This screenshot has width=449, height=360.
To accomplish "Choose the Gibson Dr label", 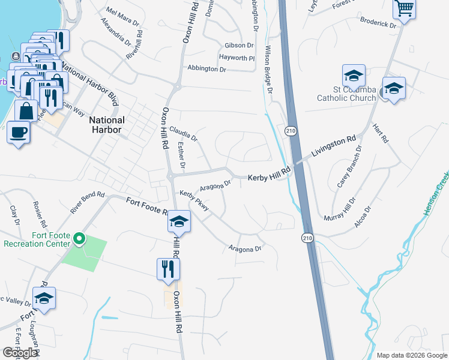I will pyautogui.click(x=239, y=46).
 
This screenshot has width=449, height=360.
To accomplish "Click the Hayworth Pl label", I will pyautogui.click(x=237, y=58).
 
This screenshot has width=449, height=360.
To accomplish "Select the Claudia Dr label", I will pyautogui.click(x=183, y=134).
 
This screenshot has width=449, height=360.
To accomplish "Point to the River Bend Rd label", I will pyautogui.click(x=88, y=202).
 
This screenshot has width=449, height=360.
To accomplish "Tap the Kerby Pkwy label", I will pyautogui.click(x=194, y=201).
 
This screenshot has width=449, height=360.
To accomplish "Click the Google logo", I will pyautogui.click(x=20, y=353).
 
